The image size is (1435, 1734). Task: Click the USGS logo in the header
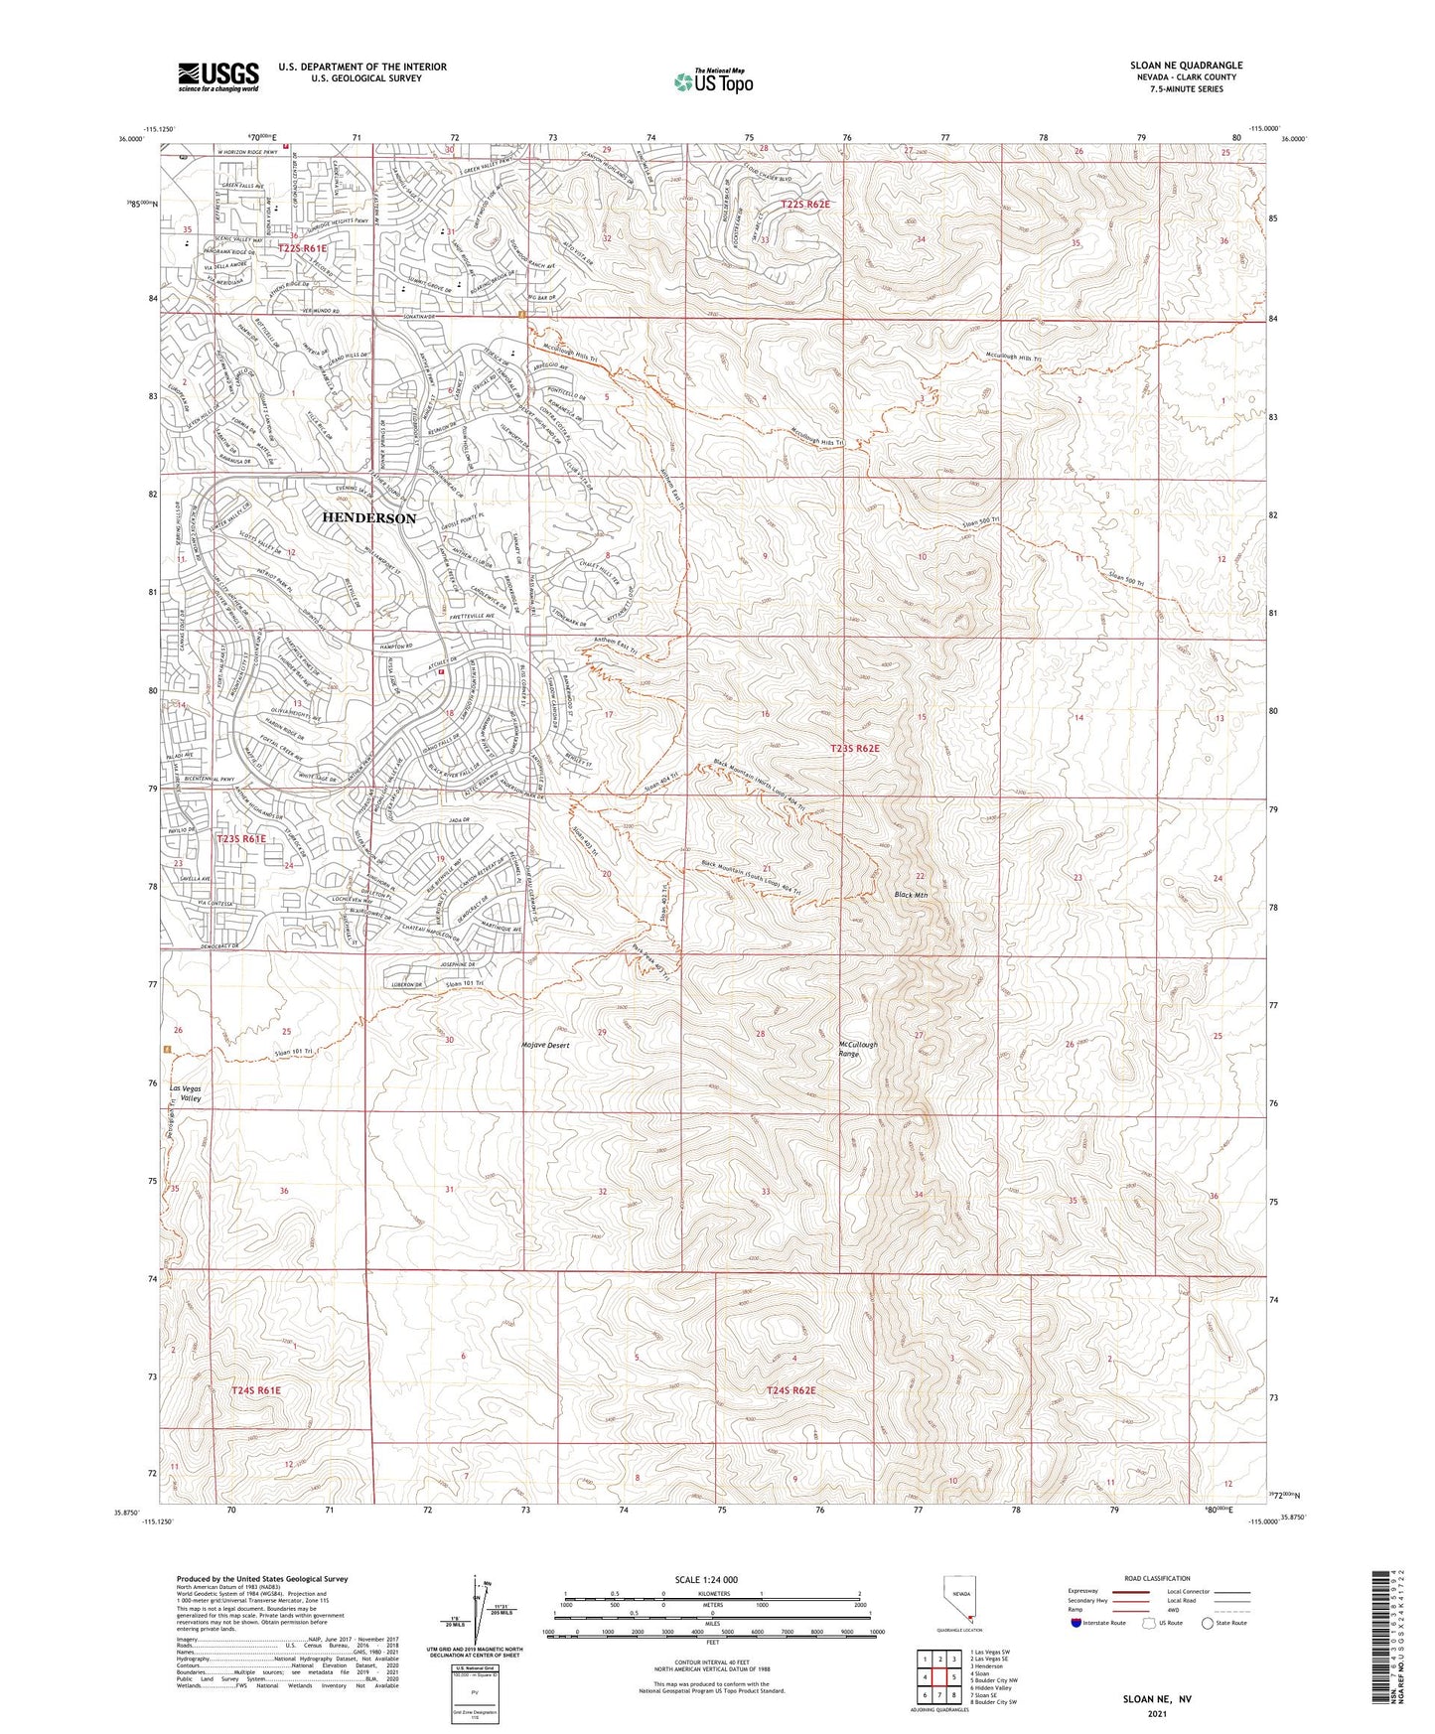(217, 76)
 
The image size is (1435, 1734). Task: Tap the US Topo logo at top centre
(712, 81)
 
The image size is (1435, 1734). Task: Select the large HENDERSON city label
(368, 518)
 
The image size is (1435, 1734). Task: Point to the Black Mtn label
(910, 895)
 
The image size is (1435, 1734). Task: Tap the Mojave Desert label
(544, 1046)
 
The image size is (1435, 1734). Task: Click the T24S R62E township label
(790, 1390)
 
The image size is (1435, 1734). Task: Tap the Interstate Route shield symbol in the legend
(1076, 1623)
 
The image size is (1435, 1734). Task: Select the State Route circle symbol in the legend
(1208, 1623)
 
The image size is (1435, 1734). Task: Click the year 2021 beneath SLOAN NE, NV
(1157, 1714)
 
